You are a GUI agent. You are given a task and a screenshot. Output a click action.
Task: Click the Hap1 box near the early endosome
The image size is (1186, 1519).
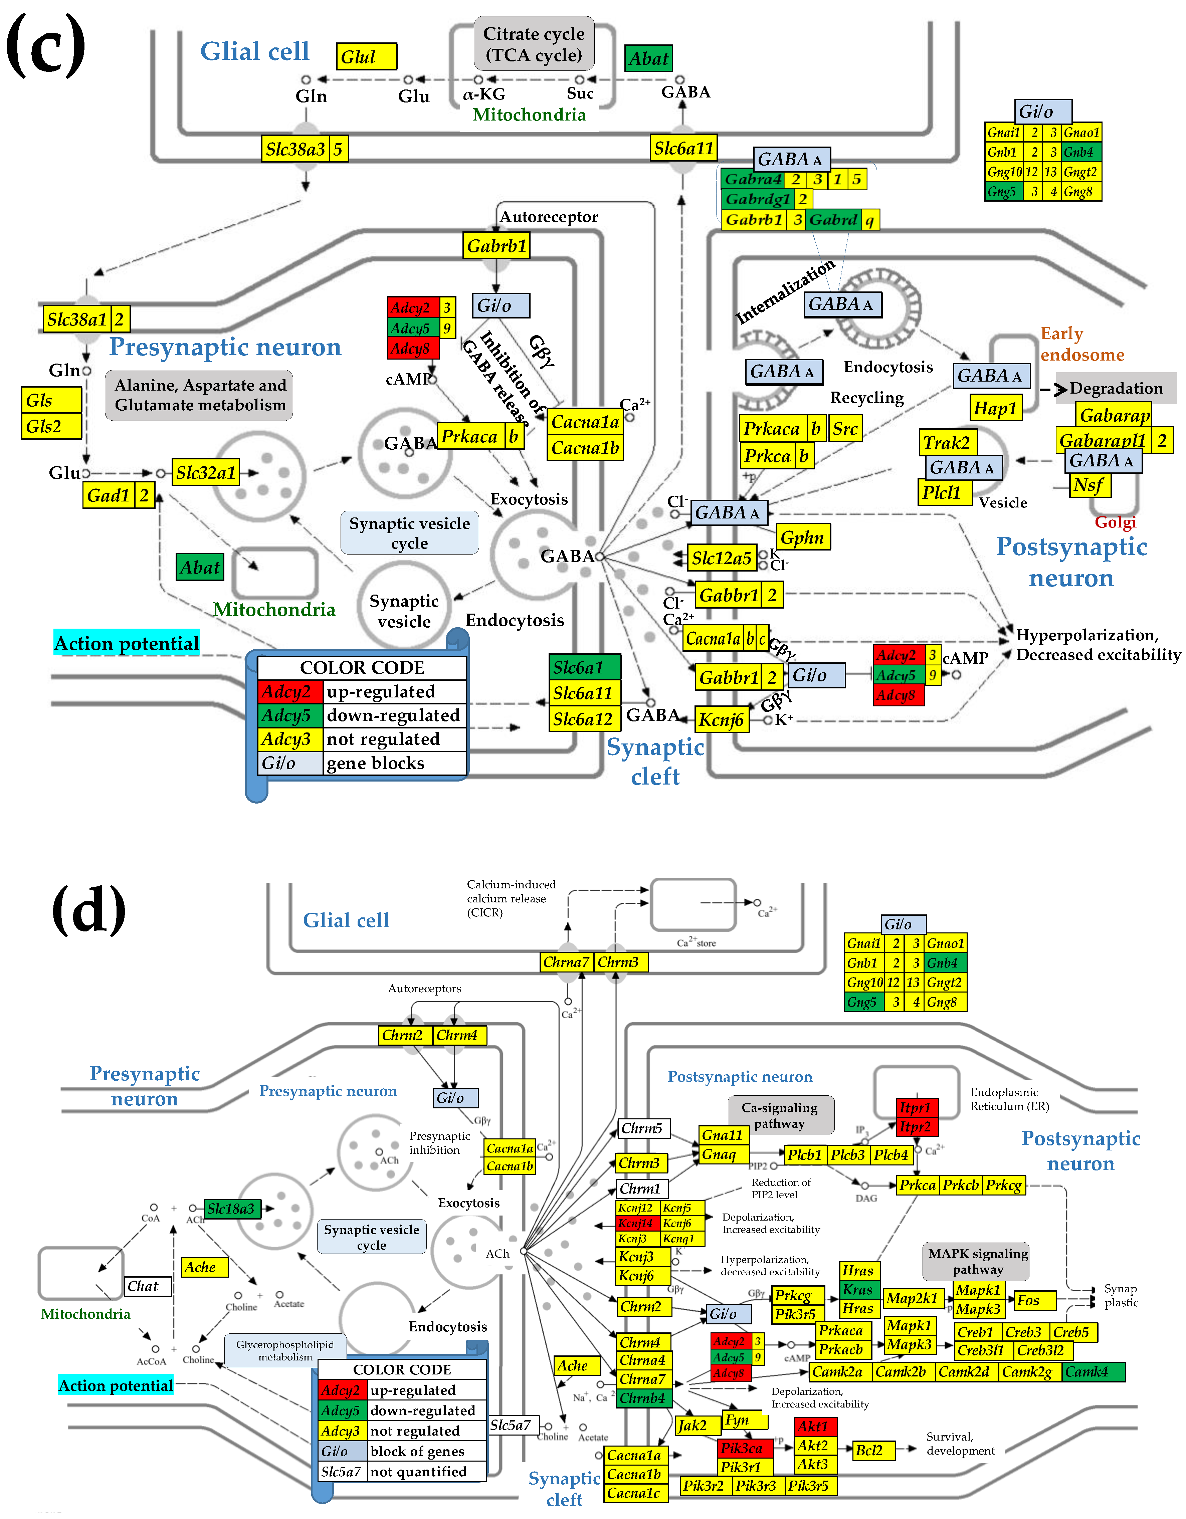coord(995,408)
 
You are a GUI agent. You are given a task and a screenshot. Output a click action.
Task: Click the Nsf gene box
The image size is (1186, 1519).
coord(1089,485)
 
